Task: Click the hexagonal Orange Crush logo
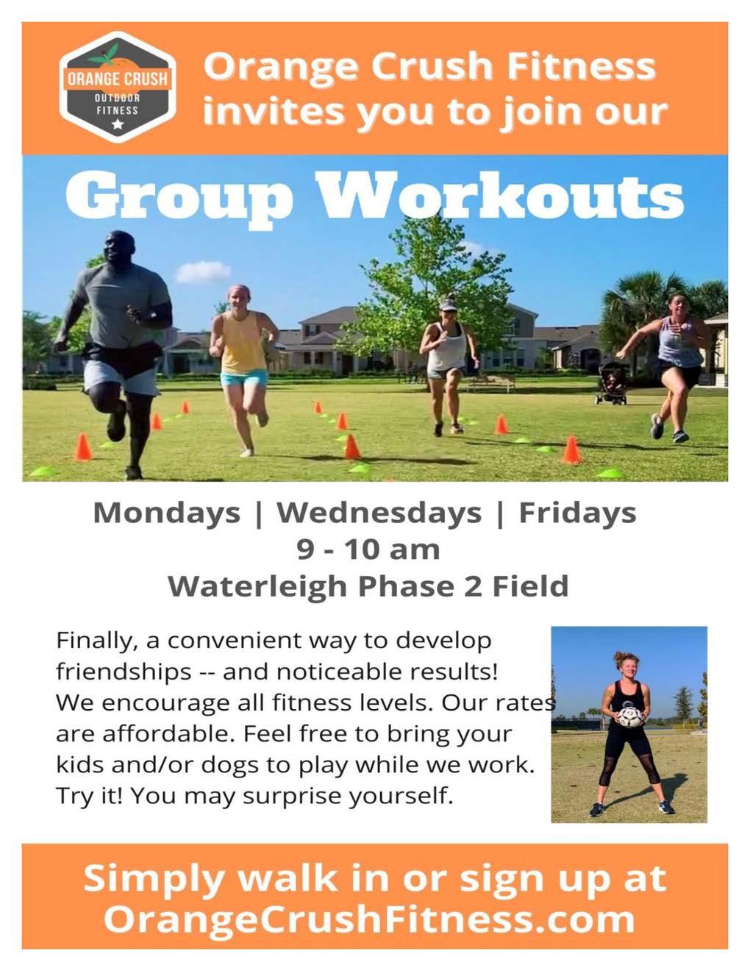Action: tap(118, 87)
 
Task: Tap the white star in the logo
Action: tap(118, 124)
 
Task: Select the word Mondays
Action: tap(167, 513)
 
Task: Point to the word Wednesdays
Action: tap(379, 513)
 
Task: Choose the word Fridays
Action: tap(578, 513)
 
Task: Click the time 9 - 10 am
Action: tap(368, 549)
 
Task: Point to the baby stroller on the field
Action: tap(612, 383)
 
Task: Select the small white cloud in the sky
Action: tap(203, 271)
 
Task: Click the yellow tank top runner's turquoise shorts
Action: tap(244, 379)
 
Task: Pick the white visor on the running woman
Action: tap(447, 305)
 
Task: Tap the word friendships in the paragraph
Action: tap(124, 672)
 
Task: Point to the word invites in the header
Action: tap(274, 111)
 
